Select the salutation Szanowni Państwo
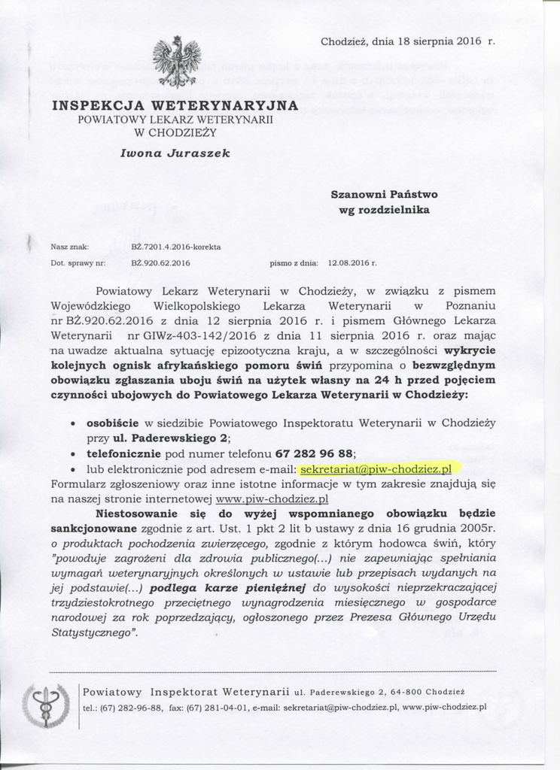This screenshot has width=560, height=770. pos(384,194)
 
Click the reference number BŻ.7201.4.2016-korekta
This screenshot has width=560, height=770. pos(175,247)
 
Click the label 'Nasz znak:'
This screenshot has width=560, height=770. pos(70,247)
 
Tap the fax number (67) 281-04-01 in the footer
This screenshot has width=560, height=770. pos(229,707)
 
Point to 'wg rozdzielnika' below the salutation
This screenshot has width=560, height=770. pos(384,210)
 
